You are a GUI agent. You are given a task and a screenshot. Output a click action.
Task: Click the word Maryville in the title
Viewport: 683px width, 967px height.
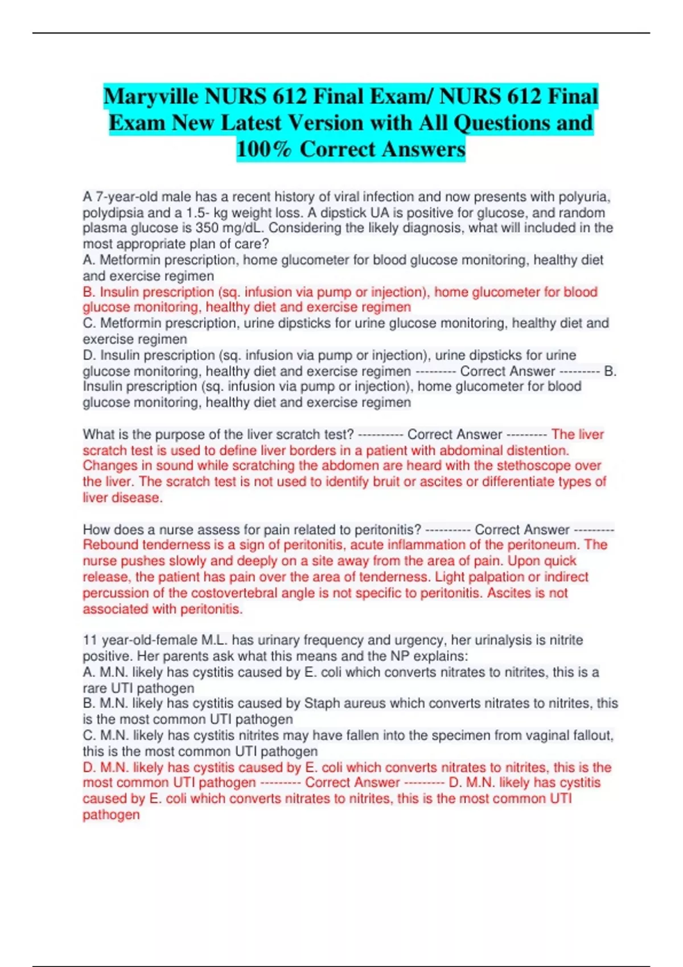151,97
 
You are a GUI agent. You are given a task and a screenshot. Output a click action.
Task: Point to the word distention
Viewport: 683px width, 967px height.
538,451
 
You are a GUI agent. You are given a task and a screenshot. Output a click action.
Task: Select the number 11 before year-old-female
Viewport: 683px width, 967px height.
90,640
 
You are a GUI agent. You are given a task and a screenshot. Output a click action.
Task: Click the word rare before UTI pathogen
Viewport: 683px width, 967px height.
94,688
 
